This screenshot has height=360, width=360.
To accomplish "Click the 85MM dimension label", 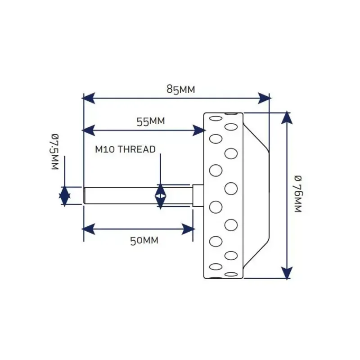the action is (181, 89).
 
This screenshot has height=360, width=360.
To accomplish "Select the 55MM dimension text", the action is (151, 121).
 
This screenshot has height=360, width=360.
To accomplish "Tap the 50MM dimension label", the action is (144, 241).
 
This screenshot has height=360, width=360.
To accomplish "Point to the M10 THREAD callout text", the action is (126, 149).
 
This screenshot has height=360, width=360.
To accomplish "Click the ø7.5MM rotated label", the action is (55, 152).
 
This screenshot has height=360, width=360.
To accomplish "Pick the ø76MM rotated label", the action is (298, 194).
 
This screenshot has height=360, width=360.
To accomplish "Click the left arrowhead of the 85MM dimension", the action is (88, 98).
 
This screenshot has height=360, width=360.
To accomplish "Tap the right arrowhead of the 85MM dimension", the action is (264, 98).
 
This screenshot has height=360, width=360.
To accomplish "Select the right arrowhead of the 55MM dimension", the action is (199, 130).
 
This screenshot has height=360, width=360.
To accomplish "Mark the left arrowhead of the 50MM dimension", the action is (88, 229).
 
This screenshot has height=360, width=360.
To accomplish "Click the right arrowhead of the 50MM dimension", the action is (188, 229).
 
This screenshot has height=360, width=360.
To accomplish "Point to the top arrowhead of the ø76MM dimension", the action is (287, 117).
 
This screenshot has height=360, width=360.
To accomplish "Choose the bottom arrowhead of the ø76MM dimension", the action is (287, 273).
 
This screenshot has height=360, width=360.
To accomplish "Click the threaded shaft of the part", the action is (138, 196).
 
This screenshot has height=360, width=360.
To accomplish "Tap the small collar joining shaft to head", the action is (198, 196).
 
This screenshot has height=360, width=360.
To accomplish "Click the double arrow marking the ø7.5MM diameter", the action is (64, 196).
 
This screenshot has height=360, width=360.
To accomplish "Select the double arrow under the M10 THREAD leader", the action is (160, 196).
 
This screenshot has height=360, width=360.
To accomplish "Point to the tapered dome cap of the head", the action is (256, 196).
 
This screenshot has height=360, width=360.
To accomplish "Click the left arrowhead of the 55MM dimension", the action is (88, 130).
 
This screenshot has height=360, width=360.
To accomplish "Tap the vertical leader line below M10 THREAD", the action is (160, 169).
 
